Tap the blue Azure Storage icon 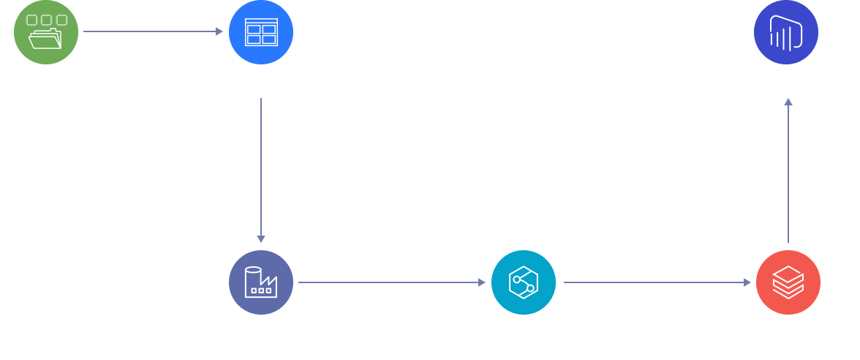[x=261, y=31]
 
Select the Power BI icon [x=786, y=31]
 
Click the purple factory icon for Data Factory [x=261, y=282]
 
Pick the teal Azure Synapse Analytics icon [x=524, y=282]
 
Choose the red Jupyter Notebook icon [x=787, y=282]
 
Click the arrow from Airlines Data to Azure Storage [x=153, y=31]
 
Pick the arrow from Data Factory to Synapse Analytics [x=392, y=282]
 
